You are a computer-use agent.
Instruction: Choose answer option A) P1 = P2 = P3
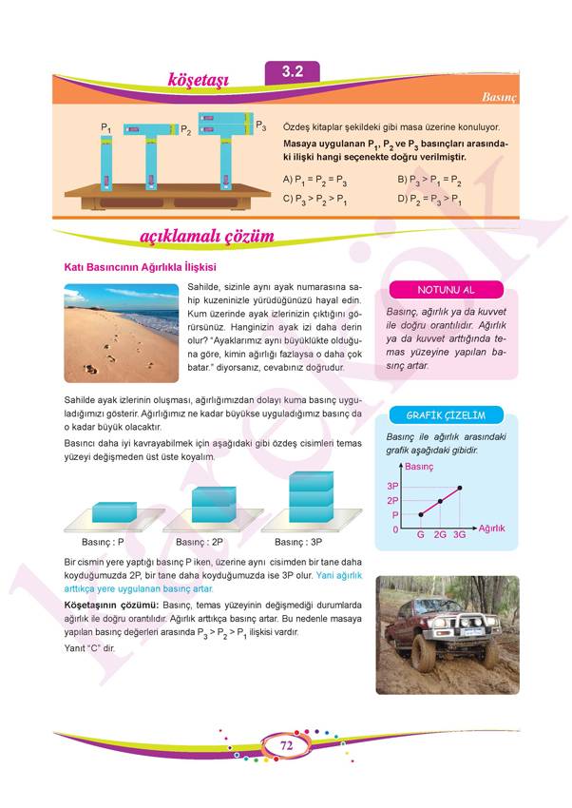pos(315,179)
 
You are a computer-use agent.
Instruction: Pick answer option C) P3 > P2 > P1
pos(315,200)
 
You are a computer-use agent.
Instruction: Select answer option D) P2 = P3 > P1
pos(429,200)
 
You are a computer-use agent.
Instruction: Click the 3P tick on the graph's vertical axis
pos(392,486)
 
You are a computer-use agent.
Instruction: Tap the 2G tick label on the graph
pos(440,535)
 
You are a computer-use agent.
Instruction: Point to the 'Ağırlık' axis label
pos(491,527)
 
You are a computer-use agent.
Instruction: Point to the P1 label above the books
pos(107,126)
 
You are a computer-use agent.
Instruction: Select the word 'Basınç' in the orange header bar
pos(498,97)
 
